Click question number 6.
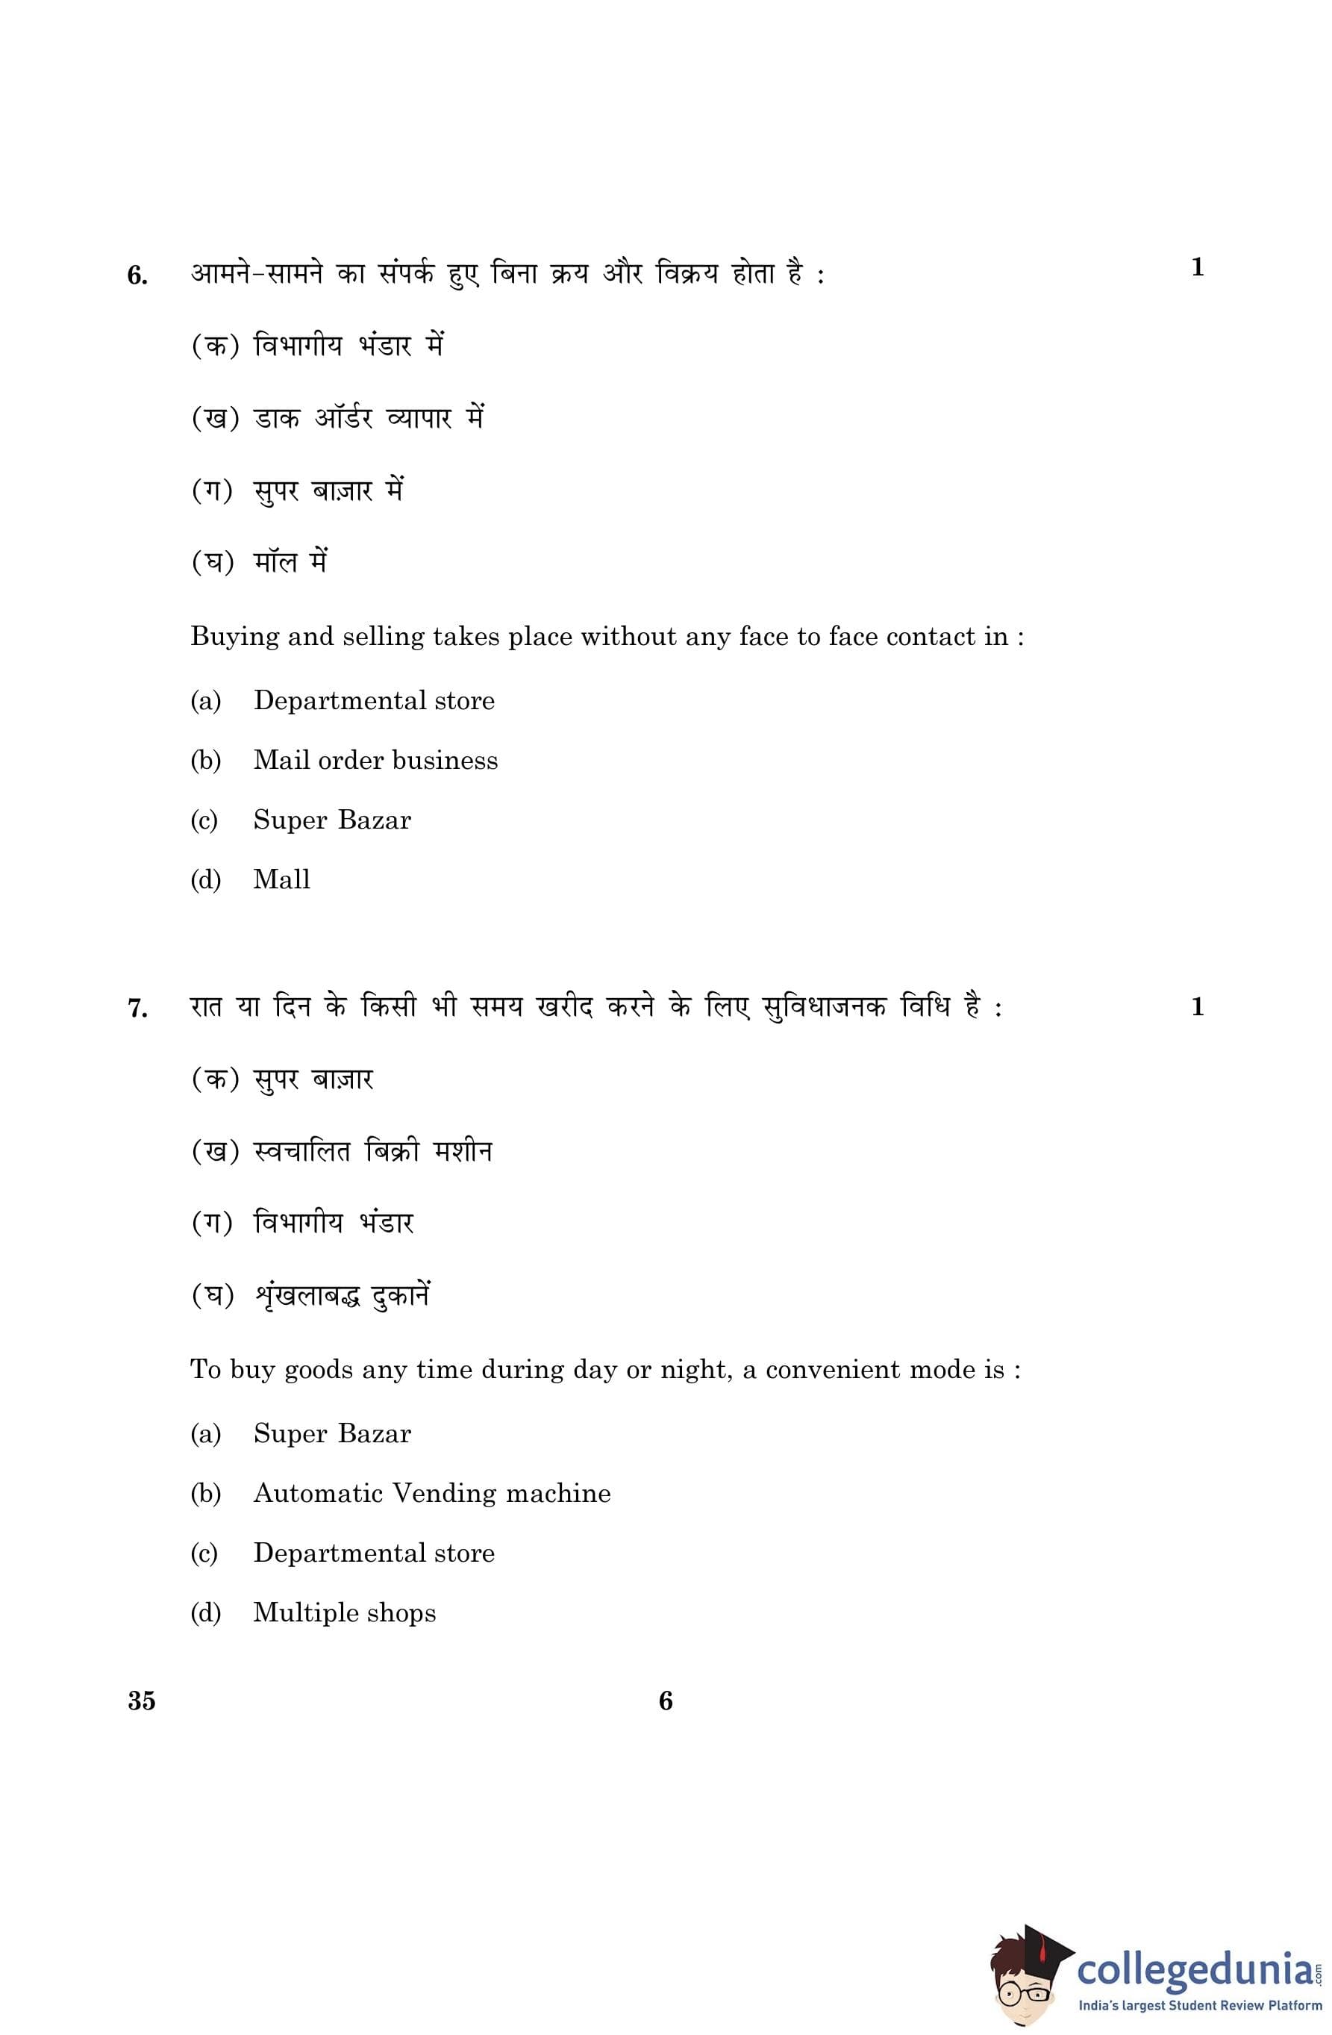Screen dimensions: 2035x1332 [137, 276]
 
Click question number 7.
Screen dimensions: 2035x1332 [137, 1009]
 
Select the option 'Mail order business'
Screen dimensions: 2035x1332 [375, 760]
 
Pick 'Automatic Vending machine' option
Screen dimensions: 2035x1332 [432, 1493]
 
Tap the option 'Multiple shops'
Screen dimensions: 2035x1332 [344, 1612]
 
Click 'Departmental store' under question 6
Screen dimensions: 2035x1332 [374, 700]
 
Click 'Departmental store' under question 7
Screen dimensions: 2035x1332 [374, 1553]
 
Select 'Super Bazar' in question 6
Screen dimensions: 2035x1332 [332, 820]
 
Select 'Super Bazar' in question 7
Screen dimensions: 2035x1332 [332, 1433]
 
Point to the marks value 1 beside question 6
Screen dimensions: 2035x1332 [1197, 268]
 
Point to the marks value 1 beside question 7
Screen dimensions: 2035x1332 [1197, 1006]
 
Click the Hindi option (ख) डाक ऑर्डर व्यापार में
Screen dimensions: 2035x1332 [337, 418]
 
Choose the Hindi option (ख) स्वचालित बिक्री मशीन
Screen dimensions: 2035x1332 [342, 1152]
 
